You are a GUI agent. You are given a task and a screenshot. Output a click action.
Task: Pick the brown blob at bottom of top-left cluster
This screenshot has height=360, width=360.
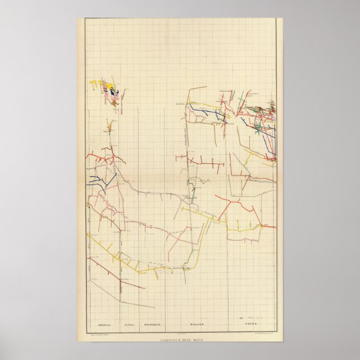(114, 103)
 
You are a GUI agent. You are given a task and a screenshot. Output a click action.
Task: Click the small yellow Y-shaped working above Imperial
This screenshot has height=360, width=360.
(109, 125)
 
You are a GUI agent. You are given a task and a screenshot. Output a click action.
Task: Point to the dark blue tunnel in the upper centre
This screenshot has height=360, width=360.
(207, 112)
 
